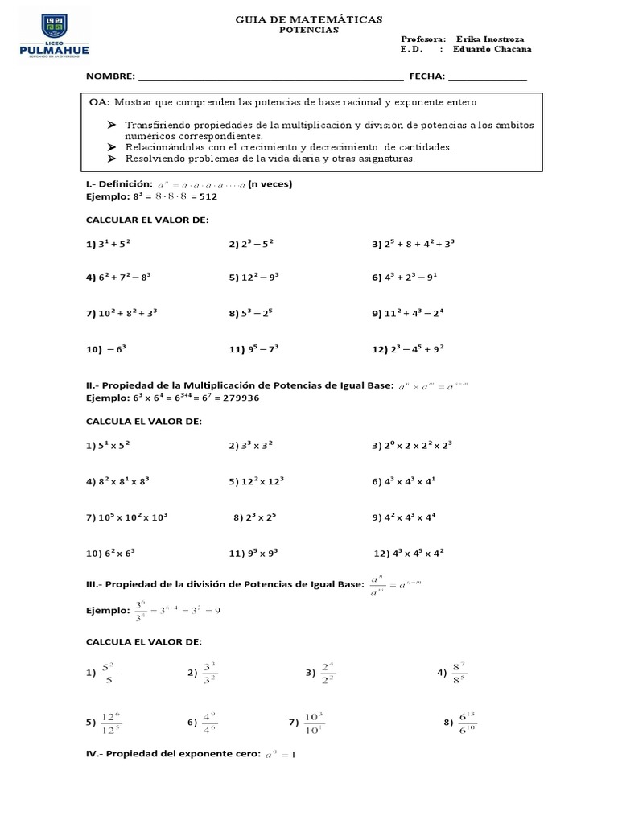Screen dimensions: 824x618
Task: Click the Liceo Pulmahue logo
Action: (x=54, y=36)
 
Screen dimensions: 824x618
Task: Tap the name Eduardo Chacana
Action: (x=492, y=49)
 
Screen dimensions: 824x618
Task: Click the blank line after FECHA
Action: (x=487, y=77)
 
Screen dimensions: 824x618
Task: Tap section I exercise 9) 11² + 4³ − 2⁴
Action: (x=408, y=314)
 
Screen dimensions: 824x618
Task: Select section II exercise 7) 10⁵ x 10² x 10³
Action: (x=126, y=517)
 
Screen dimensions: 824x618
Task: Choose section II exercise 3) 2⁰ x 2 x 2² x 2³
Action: (x=413, y=445)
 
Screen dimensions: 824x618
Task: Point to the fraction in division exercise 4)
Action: (x=459, y=673)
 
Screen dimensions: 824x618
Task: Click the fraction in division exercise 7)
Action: (x=314, y=723)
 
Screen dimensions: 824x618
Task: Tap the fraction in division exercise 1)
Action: (x=109, y=673)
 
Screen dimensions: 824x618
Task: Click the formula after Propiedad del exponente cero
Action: (x=281, y=755)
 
